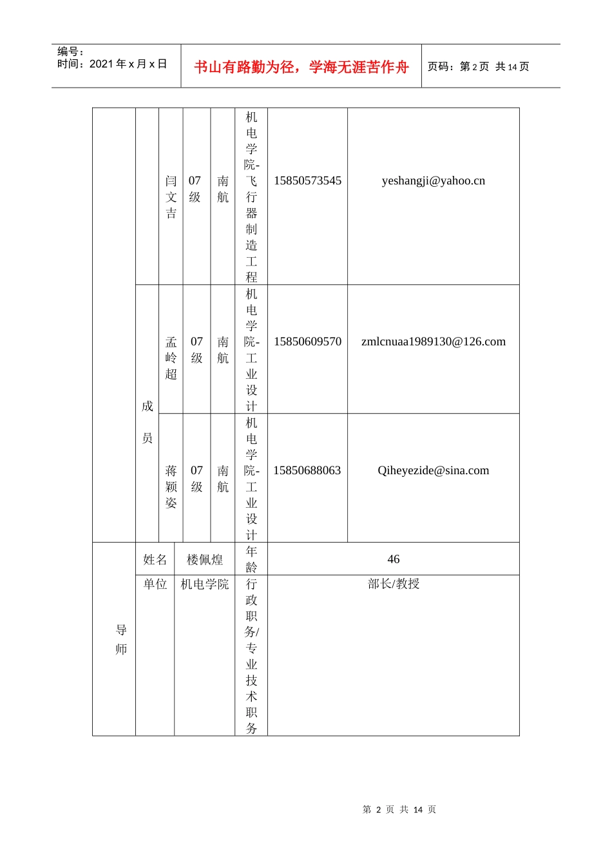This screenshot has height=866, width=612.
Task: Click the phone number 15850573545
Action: (307, 181)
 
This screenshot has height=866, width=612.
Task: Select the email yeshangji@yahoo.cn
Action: (433, 181)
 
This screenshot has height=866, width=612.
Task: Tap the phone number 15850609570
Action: (307, 342)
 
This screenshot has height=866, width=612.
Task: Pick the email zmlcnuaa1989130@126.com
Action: (433, 342)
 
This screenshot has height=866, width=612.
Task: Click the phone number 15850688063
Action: (307, 471)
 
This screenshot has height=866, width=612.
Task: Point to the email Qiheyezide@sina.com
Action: (433, 471)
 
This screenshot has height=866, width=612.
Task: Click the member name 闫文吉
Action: (171, 197)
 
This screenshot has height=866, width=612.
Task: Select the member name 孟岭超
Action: (171, 358)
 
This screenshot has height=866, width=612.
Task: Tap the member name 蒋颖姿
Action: (171, 487)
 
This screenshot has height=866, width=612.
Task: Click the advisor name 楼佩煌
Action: (205, 560)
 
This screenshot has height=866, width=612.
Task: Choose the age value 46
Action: (393, 560)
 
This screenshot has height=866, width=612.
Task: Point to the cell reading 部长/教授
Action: (393, 584)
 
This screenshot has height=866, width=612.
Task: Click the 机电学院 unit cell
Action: (205, 584)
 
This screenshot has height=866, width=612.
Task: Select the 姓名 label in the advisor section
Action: (155, 560)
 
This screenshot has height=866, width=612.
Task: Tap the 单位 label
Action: (155, 584)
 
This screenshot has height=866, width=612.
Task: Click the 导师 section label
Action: (121, 640)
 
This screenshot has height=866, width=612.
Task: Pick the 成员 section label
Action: (147, 422)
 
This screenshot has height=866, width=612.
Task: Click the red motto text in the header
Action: (301, 67)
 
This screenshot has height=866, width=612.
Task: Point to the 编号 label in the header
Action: (70, 52)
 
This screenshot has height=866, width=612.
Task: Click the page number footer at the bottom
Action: (399, 810)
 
